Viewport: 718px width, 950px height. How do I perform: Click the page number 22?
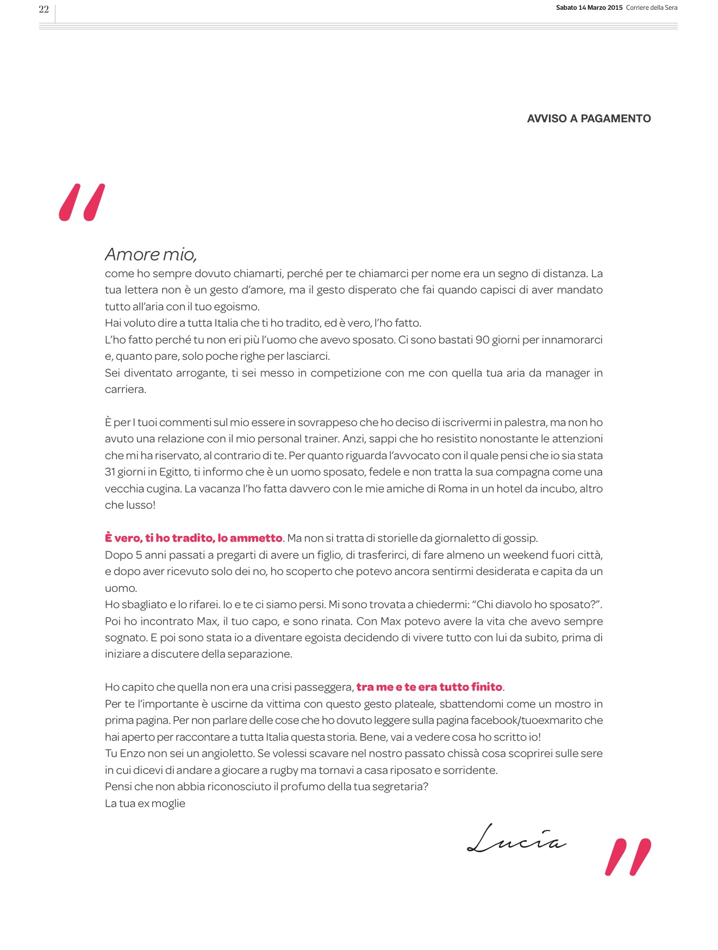click(44, 9)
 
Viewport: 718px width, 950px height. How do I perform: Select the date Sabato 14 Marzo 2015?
click(589, 8)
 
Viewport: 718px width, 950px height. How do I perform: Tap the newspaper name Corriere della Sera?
click(652, 8)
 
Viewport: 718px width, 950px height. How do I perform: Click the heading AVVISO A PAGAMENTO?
click(589, 118)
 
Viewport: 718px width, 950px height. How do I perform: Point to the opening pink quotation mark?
click(82, 203)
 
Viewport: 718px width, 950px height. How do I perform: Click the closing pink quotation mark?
click(628, 857)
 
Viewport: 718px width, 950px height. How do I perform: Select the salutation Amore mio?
click(151, 254)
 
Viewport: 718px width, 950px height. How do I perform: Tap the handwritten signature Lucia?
click(516, 839)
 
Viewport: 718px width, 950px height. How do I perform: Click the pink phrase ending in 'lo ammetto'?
click(193, 538)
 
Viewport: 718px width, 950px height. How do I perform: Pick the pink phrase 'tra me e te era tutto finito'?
click(429, 687)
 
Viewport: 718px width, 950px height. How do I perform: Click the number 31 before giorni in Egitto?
click(110, 472)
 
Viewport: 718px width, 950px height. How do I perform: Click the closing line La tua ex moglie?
click(145, 803)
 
